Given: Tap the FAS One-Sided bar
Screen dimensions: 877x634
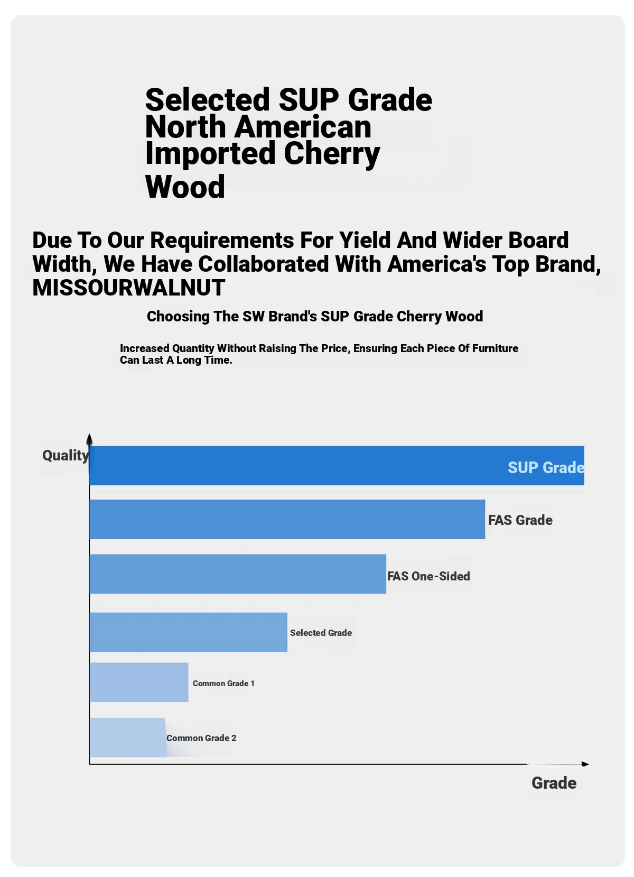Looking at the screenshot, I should click(x=238, y=574).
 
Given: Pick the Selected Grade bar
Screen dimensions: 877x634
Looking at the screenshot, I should click(x=188, y=632).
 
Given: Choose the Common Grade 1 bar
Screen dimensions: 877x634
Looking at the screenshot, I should click(x=139, y=682).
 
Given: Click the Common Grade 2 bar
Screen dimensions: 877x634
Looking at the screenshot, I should click(x=127, y=737).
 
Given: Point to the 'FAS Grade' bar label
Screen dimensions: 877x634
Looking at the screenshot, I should click(x=520, y=520).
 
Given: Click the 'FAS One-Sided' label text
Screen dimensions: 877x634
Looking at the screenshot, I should click(x=428, y=576).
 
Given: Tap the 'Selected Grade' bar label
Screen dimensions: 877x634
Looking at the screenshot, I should click(x=321, y=633).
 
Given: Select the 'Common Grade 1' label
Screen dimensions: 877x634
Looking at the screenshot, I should click(x=223, y=684).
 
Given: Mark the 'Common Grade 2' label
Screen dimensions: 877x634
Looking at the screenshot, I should click(x=201, y=738).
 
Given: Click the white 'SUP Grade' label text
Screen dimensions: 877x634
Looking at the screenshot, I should click(x=545, y=468).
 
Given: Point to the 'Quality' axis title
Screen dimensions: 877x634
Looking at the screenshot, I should click(x=66, y=455).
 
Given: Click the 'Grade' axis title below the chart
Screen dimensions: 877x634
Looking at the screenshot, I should click(x=554, y=783).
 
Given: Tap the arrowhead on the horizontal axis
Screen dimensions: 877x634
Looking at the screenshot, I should click(x=585, y=764).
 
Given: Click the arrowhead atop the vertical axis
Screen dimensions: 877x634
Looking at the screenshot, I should click(x=89, y=439).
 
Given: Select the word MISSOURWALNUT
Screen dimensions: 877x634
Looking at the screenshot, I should click(x=129, y=288).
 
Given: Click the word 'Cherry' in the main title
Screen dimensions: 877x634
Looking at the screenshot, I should click(x=332, y=154).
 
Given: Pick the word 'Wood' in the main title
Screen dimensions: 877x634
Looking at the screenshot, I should click(x=185, y=187).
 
